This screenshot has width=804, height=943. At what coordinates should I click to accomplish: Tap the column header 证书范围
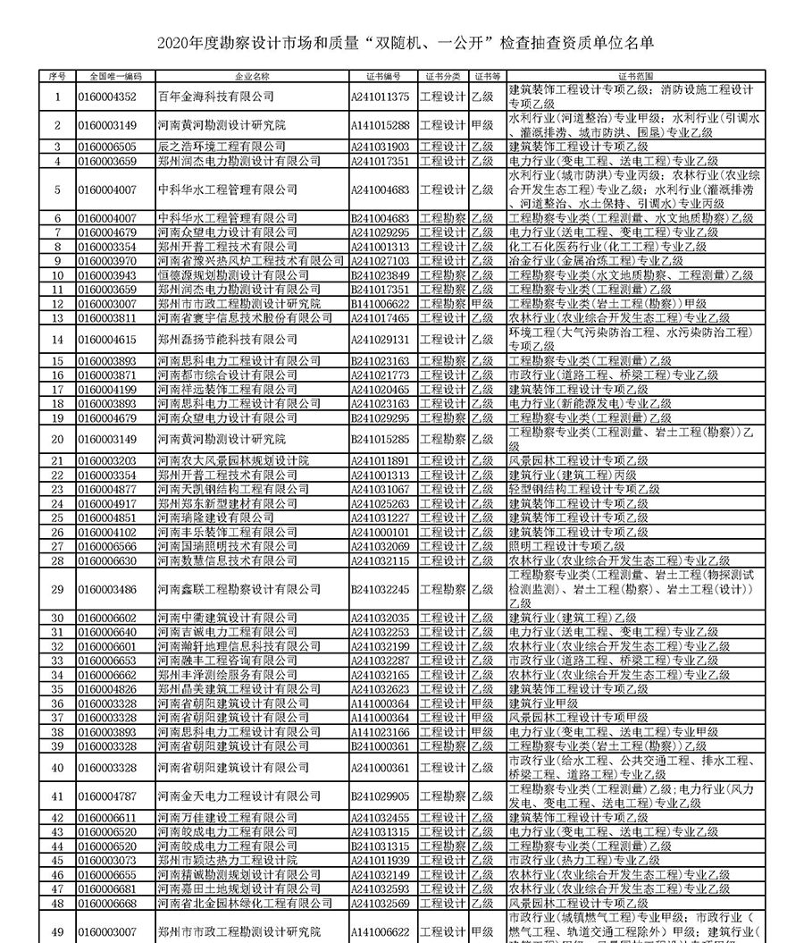(x=635, y=77)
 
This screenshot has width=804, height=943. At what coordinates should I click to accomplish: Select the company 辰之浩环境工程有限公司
(x=222, y=147)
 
